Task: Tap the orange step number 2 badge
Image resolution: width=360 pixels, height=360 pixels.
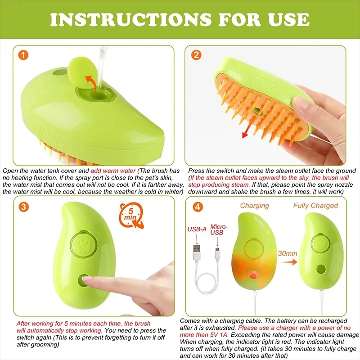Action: pyautogui.click(x=197, y=56)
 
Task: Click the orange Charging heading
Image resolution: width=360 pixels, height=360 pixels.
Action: pyautogui.click(x=254, y=206)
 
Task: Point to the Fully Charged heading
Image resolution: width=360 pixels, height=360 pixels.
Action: pyautogui.click(x=315, y=206)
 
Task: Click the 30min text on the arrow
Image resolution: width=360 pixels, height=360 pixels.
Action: pyautogui.click(x=287, y=253)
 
